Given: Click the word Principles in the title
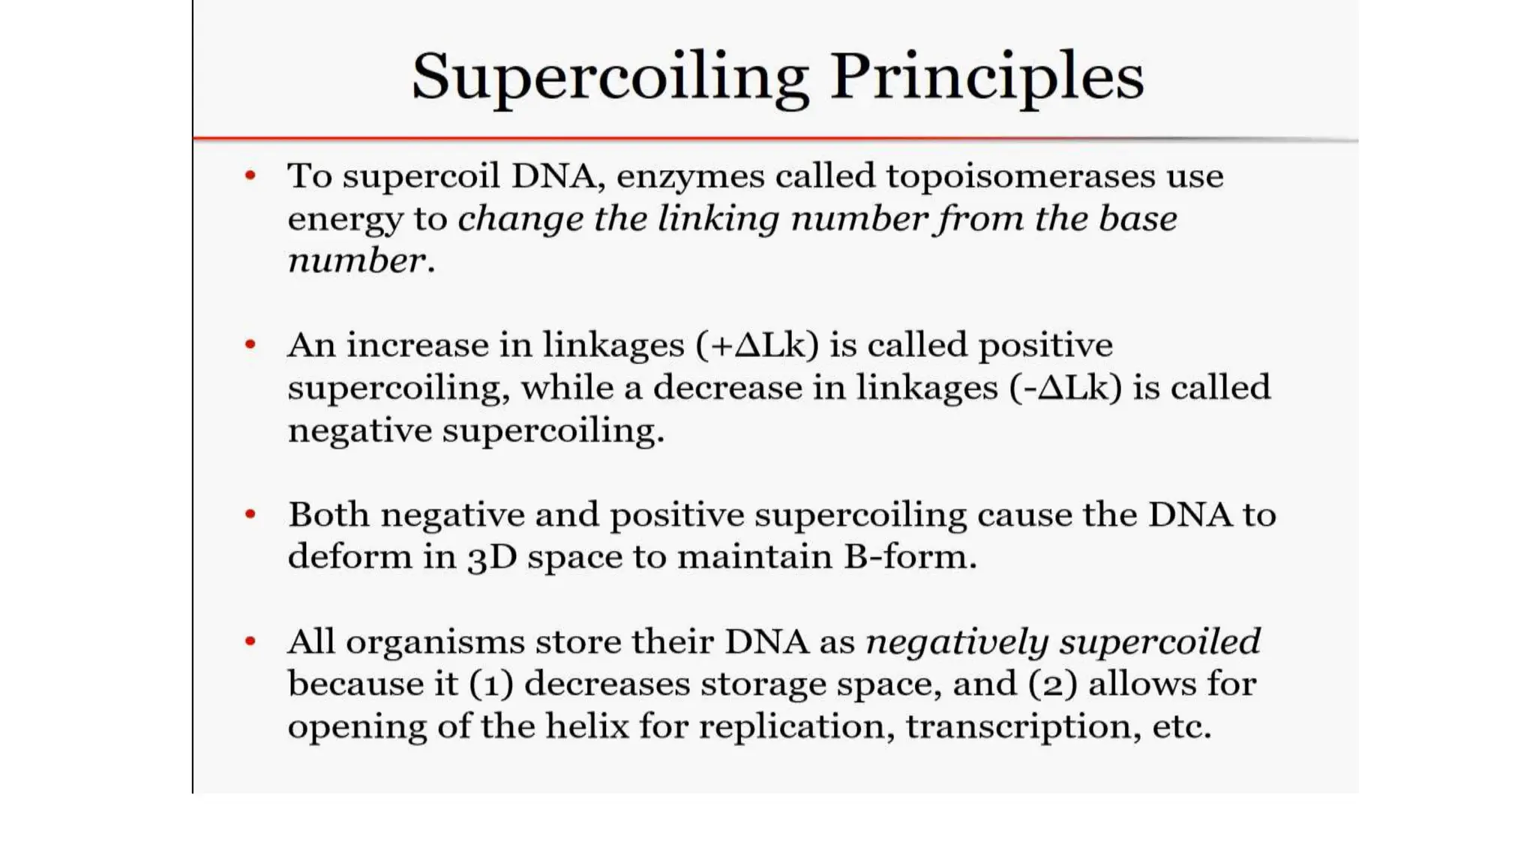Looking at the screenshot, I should pos(986,76).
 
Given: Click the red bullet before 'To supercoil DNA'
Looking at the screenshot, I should pos(250,176).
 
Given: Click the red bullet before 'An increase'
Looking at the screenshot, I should pos(250,345).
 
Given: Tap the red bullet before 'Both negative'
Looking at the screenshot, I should pos(250,514).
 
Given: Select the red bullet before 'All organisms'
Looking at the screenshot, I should pos(250,641).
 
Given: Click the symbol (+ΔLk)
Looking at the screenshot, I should pos(757,345).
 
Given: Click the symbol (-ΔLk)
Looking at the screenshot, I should pos(1065,388).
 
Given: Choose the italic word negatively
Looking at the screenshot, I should pos(957,643).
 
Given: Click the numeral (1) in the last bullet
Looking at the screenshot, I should pos(491,684).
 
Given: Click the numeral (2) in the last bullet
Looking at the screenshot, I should pos(1052,684).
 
